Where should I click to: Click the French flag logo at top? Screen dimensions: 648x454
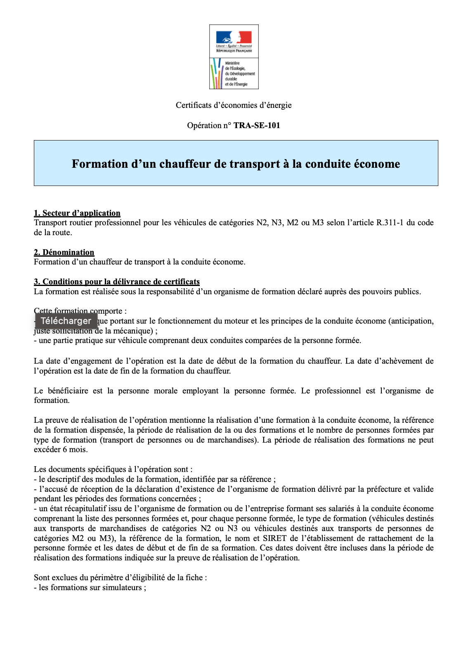(234, 37)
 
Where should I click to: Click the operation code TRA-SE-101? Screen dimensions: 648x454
(257, 126)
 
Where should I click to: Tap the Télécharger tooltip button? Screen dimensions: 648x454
(66, 321)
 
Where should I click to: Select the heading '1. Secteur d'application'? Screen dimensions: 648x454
(77, 213)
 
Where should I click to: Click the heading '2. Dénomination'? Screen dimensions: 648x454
(64, 253)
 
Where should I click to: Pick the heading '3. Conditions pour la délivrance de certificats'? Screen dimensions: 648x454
(117, 282)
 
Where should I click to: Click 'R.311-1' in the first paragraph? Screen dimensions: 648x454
(390, 223)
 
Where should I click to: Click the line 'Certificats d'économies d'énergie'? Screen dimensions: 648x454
(234, 105)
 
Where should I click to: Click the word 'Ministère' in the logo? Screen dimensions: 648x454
(232, 64)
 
